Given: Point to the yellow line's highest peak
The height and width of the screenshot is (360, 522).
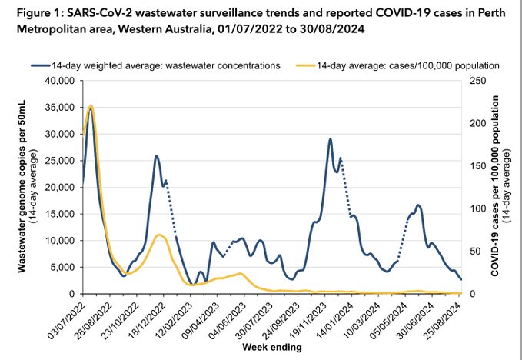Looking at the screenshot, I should pos(91,106).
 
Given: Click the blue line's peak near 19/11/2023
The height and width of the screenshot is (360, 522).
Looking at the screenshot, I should pos(330,139).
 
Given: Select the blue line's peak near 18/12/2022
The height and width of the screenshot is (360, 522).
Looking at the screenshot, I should pos(156,156).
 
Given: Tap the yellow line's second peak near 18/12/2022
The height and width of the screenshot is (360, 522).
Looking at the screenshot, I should pos(158,235).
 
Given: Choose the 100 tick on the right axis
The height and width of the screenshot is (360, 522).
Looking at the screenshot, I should pos(473,208).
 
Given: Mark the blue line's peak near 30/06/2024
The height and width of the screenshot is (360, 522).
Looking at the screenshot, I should pos(417,205).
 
